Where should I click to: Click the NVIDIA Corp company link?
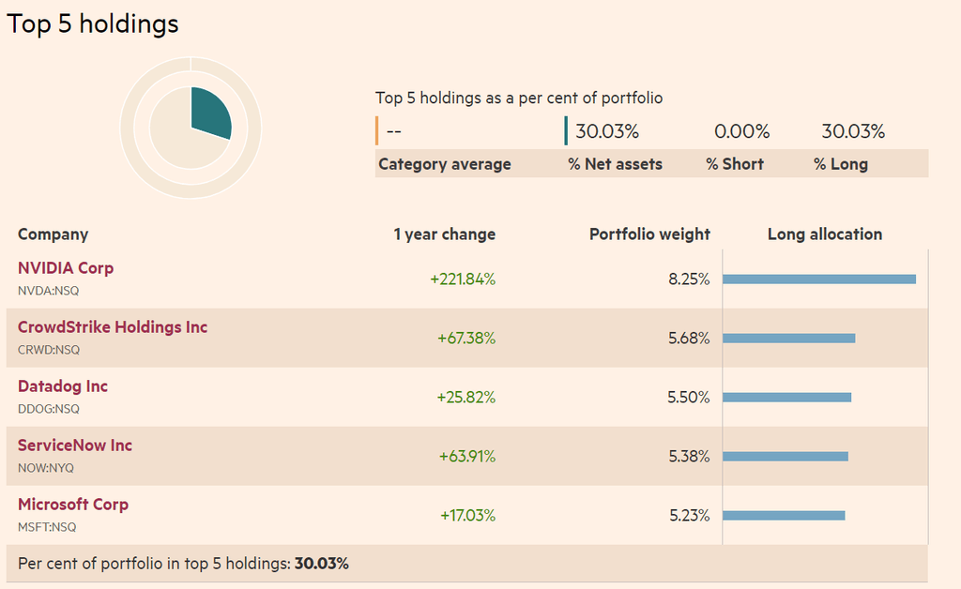(66, 268)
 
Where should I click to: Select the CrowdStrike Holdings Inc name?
(113, 327)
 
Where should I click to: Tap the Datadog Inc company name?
(63, 386)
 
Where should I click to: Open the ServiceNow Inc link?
(75, 446)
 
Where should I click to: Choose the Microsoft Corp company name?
(73, 505)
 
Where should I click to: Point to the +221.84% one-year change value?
(463, 279)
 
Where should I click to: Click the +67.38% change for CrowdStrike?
(466, 338)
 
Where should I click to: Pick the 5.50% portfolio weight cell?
(689, 397)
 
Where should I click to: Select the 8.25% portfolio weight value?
(689, 279)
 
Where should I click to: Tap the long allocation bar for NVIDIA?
(818, 279)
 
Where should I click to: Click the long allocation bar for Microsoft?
(784, 515)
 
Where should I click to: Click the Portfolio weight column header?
(649, 234)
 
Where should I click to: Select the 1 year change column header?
(445, 234)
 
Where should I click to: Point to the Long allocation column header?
(825, 234)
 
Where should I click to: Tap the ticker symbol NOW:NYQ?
(46, 467)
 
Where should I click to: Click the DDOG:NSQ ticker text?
(49, 408)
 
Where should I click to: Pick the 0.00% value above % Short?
(741, 131)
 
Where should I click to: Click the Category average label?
(445, 164)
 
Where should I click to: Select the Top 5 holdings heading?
(93, 23)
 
